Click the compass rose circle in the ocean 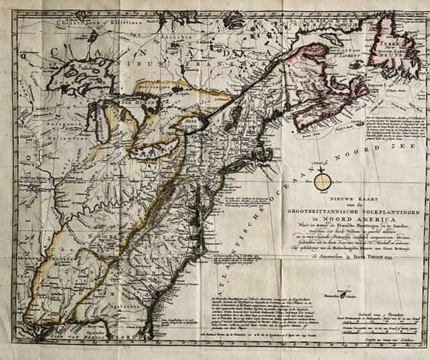click(324, 181)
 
